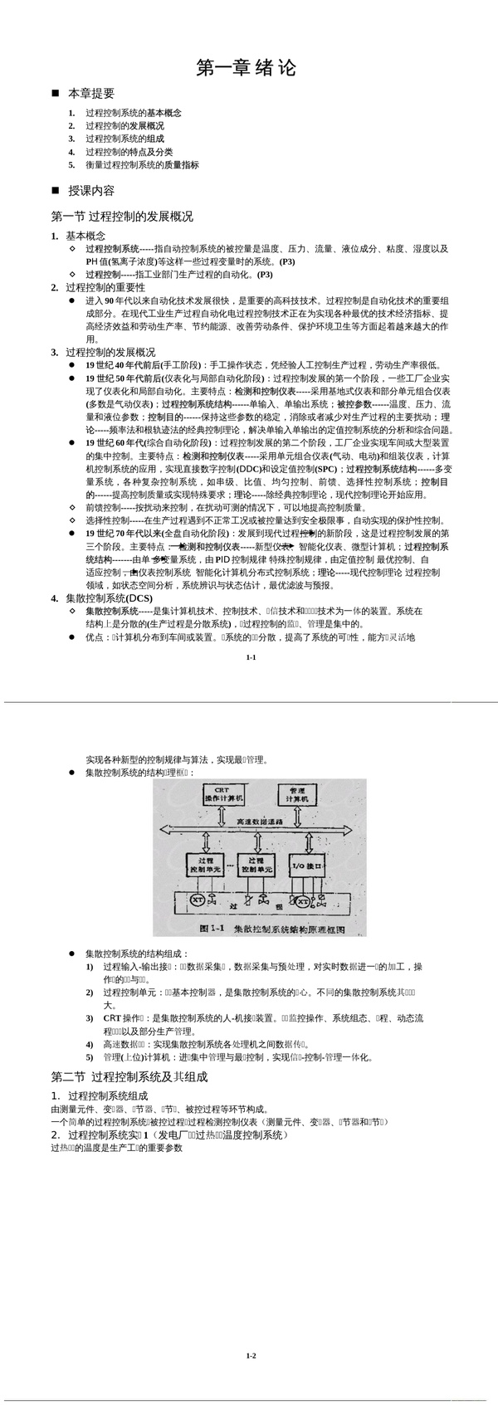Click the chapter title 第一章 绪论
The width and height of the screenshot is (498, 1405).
246,67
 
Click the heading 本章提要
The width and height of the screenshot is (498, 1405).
91,94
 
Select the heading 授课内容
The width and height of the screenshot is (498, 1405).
91,190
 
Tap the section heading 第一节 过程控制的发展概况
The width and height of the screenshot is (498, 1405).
122,217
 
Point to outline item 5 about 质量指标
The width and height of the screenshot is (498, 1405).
142,165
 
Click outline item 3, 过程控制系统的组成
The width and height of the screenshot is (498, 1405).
124,139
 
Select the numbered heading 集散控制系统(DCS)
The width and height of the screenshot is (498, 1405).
109,598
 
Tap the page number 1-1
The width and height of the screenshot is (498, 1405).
251,657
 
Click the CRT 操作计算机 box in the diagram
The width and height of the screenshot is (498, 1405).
223,794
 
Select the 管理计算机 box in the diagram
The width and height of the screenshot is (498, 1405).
296,793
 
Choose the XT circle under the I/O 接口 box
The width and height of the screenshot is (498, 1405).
302,901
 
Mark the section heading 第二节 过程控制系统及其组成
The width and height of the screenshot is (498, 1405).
129,1077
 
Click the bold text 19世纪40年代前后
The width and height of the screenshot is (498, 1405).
124,364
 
